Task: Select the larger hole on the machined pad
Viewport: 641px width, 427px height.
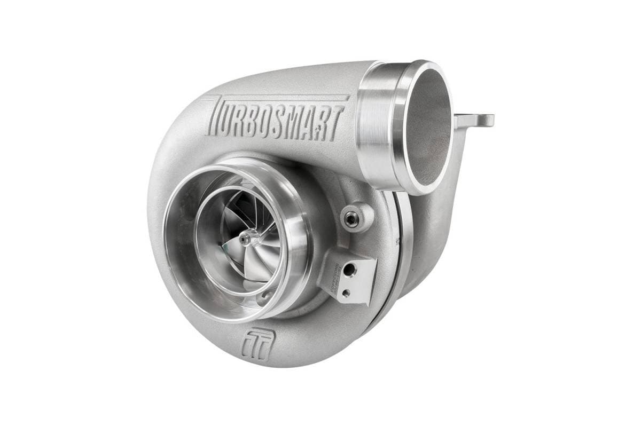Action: click(349, 271)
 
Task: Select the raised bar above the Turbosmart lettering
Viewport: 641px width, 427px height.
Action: click(278, 99)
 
